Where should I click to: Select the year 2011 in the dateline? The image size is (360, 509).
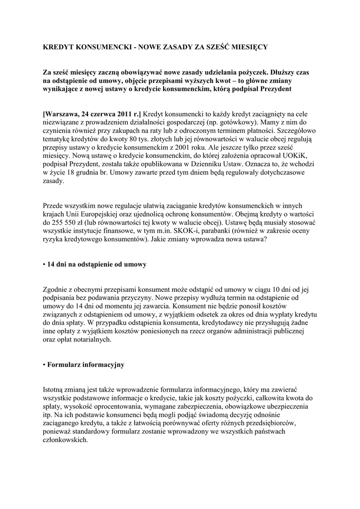click(x=119, y=114)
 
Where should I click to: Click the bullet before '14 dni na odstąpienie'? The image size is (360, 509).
click(x=44, y=264)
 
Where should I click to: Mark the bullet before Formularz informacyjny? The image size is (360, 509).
click(x=44, y=365)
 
